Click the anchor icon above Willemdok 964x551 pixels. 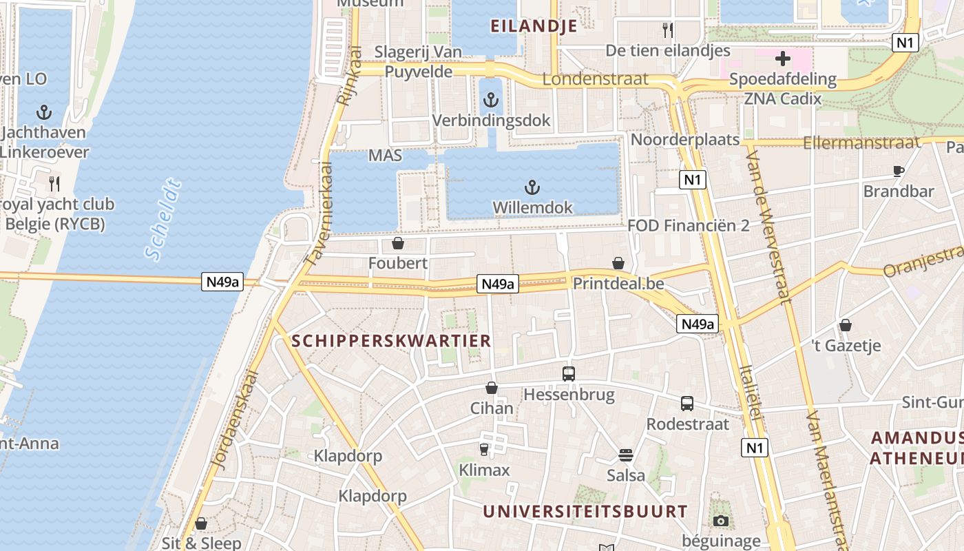[531, 187]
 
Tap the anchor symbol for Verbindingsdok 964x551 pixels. [490, 101]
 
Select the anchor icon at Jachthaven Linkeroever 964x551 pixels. [44, 112]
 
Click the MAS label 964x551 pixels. [385, 155]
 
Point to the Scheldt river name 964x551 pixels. [163, 220]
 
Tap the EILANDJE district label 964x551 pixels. [534, 26]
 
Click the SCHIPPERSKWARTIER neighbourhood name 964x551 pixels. [391, 340]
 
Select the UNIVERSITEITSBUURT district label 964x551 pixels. [585, 511]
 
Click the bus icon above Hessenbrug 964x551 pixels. [569, 374]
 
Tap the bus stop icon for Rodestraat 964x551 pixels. [687, 404]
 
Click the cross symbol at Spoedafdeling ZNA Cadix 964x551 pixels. [783, 59]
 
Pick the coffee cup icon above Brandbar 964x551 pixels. [898, 171]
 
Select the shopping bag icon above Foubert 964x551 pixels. [397, 243]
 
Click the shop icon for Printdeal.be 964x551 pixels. [618, 263]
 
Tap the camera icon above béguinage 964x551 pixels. [721, 521]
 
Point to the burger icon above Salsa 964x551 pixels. [626, 455]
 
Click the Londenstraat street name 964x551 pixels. [595, 79]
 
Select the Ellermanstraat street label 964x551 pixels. [861, 143]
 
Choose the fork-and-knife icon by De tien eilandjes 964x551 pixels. [667, 30]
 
